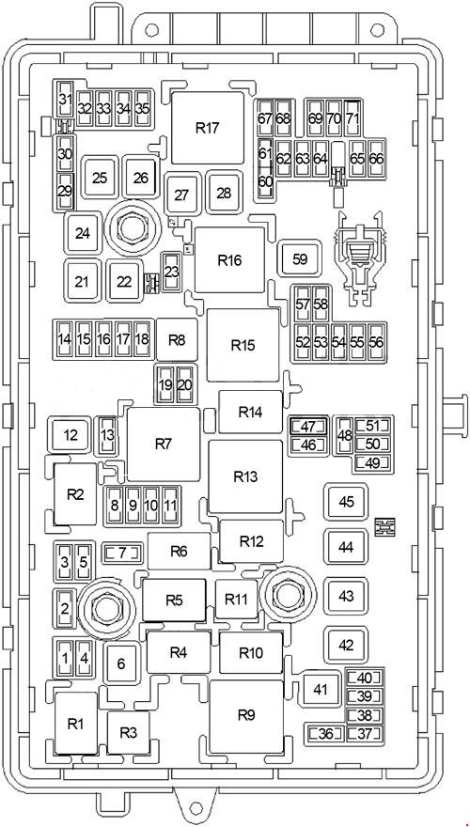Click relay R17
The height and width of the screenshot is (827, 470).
click(x=208, y=128)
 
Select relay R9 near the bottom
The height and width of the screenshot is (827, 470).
click(x=246, y=716)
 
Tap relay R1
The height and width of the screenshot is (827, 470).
click(x=76, y=724)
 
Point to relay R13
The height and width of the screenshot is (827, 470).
click(x=246, y=476)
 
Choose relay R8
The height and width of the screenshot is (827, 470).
click(x=178, y=339)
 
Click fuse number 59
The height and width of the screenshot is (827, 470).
click(x=300, y=259)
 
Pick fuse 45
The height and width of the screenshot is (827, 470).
click(x=346, y=502)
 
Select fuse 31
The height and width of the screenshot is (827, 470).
click(x=66, y=101)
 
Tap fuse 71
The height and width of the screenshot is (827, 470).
click(x=352, y=118)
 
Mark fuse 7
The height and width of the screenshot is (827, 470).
click(x=122, y=554)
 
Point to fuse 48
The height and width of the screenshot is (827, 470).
click(x=345, y=436)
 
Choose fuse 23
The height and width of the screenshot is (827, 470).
click(x=171, y=272)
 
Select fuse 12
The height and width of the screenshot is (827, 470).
click(x=70, y=436)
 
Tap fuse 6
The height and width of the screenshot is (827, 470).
click(x=121, y=663)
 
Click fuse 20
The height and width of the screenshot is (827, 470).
click(x=184, y=385)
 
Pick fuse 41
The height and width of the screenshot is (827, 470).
click(x=321, y=689)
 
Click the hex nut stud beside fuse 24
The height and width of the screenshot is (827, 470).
click(x=129, y=227)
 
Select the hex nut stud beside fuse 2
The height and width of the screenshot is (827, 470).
click(x=102, y=609)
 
